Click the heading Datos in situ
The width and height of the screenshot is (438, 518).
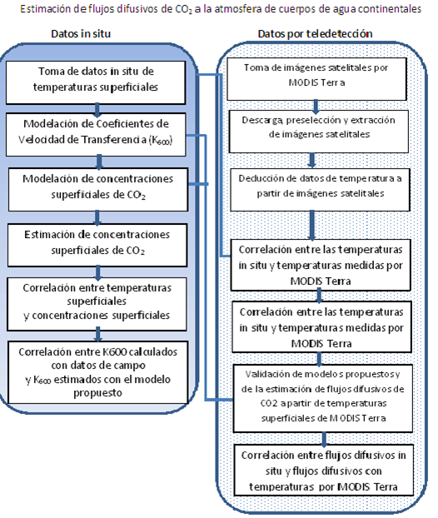click(81, 33)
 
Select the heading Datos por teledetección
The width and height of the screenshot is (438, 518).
click(315, 33)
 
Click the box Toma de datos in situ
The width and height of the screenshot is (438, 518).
click(96, 82)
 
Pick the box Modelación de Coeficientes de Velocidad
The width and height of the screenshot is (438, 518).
click(96, 134)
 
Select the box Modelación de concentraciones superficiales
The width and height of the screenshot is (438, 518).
click(98, 190)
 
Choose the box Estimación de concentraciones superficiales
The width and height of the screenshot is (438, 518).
click(97, 245)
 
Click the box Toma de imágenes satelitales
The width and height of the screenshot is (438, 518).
click(316, 79)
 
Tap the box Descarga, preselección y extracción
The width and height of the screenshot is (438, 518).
click(319, 132)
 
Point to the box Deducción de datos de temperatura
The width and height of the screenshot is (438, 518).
click(320, 190)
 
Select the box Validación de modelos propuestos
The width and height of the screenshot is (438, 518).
click(323, 398)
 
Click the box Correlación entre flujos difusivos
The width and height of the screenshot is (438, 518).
click(324, 470)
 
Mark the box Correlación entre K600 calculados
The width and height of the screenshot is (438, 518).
click(98, 372)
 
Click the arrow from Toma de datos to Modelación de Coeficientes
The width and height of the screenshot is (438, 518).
click(97, 110)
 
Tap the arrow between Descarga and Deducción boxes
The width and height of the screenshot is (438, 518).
click(311, 160)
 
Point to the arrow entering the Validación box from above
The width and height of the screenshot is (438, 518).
click(319, 359)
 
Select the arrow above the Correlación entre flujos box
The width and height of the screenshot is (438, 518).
click(324, 439)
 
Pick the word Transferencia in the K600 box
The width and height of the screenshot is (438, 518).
click(113, 139)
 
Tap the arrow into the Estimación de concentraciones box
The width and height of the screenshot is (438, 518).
click(97, 218)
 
